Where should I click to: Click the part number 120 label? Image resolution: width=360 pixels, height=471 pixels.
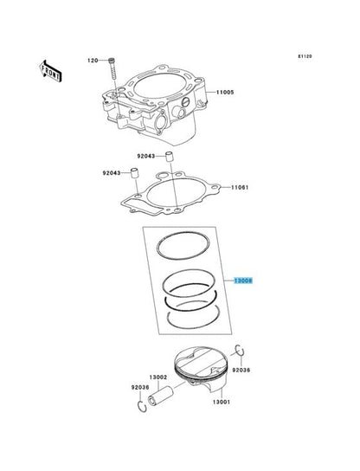pos(93,61)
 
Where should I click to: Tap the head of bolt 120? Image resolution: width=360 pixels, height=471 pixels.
pos(111,60)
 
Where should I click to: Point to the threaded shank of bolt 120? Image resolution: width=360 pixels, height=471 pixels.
pos(112,71)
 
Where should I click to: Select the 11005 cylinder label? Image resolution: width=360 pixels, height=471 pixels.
pos(225,93)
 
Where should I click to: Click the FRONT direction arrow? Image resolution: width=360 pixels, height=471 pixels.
pos(50,71)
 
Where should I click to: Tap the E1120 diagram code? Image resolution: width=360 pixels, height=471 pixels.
pos(305,56)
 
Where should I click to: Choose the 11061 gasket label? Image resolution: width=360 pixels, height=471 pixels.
pos(240,187)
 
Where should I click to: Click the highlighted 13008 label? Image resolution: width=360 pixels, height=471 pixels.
pos(243,281)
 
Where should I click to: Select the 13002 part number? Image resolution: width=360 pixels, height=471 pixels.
pos(158,377)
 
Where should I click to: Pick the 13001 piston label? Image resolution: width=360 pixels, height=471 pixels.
pos(222,402)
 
